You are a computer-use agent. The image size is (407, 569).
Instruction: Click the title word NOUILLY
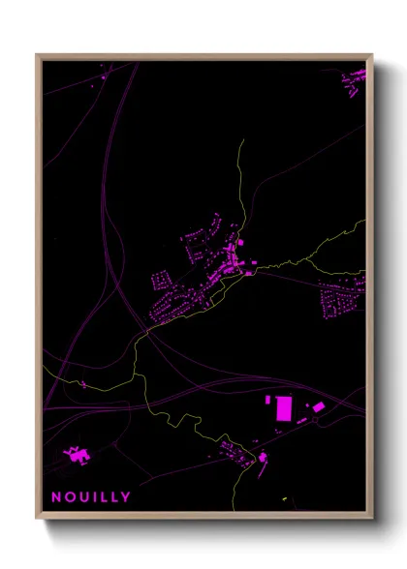point(91,496)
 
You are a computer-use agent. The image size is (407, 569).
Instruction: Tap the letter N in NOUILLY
point(56,496)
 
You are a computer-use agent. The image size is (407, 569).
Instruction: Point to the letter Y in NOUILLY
point(126,496)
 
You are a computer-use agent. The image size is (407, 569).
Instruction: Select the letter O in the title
point(70,496)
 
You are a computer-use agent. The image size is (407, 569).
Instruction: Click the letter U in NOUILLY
point(83,496)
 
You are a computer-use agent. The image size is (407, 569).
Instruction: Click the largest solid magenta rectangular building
point(284,408)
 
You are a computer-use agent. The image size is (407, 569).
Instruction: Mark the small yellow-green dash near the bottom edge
point(286,499)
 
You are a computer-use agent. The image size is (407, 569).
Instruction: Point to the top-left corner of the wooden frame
point(37,55)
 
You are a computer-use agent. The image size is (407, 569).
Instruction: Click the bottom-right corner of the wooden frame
point(371,519)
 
